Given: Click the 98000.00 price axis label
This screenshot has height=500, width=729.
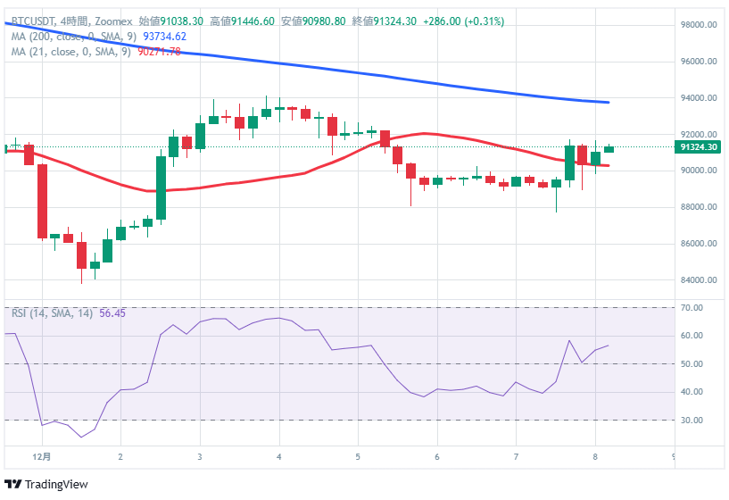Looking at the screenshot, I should (700, 25).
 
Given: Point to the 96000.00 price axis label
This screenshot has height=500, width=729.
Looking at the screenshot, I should (700, 62).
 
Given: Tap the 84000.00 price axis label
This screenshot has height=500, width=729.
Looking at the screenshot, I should (700, 280).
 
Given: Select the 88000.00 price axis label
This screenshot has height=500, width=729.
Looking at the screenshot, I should (700, 207).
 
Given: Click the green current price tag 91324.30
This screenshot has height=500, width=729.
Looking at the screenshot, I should (699, 146).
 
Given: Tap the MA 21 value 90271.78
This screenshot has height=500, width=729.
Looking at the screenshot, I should (159, 52).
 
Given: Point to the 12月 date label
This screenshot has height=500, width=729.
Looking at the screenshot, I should (41, 456).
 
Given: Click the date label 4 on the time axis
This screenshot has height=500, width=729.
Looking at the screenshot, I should (278, 456).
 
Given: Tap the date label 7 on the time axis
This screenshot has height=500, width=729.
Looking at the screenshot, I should (516, 456).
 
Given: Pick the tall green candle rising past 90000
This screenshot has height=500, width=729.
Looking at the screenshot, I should (162, 187).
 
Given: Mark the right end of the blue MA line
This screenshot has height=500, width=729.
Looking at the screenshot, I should (609, 103).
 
